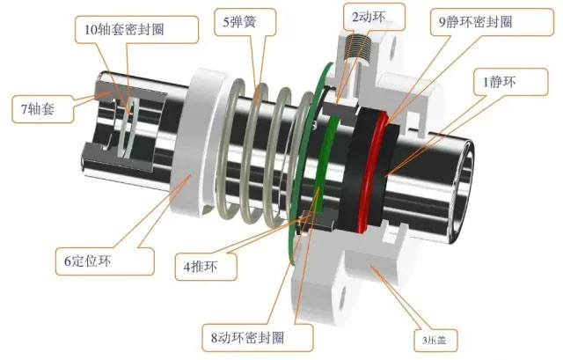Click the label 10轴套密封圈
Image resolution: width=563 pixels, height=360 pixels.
[124, 29]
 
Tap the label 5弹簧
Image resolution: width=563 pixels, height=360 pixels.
[239, 22]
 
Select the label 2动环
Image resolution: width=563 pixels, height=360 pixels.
[369, 17]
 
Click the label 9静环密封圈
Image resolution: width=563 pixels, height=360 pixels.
[476, 22]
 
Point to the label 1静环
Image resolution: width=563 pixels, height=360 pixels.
[500, 82]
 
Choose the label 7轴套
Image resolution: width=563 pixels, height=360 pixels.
[38, 108]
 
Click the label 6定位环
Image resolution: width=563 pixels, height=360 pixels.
[88, 261]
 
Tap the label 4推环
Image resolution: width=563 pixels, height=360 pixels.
[201, 267]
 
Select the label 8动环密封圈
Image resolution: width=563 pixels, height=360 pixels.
[247, 338]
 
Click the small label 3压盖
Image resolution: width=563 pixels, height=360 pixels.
[435, 340]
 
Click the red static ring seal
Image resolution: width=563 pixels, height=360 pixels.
[371, 171]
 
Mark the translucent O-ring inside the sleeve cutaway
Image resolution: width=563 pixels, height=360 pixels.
[128, 129]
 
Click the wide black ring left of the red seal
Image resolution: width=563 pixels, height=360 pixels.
[354, 169]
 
